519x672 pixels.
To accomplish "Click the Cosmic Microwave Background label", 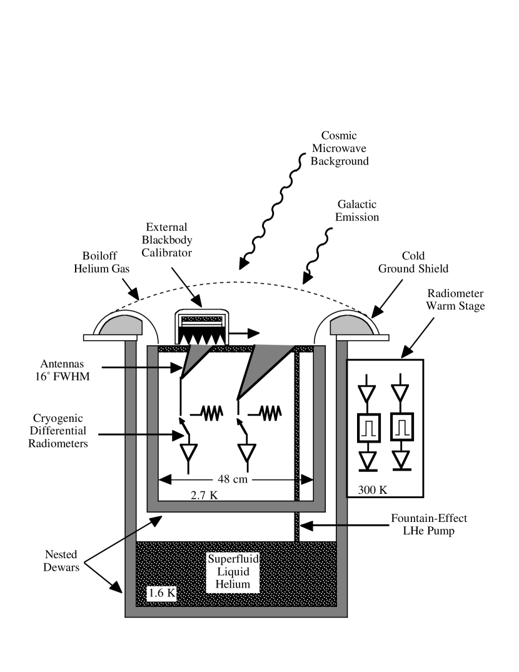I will click(x=340, y=149).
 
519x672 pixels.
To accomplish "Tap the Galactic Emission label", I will click(x=357, y=211).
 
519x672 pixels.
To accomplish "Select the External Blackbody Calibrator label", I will click(x=166, y=240).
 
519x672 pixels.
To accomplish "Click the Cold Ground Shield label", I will click(x=413, y=263).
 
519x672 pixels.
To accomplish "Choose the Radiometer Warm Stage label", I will click(x=455, y=300).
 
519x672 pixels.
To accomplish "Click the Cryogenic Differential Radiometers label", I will click(x=61, y=431).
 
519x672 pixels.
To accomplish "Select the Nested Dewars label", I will click(x=61, y=561).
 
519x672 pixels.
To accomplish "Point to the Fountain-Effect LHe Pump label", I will click(x=428, y=525).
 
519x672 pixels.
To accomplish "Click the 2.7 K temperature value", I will click(x=204, y=495).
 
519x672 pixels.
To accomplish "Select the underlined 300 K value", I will click(x=373, y=490).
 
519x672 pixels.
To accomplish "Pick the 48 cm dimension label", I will click(x=233, y=479).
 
